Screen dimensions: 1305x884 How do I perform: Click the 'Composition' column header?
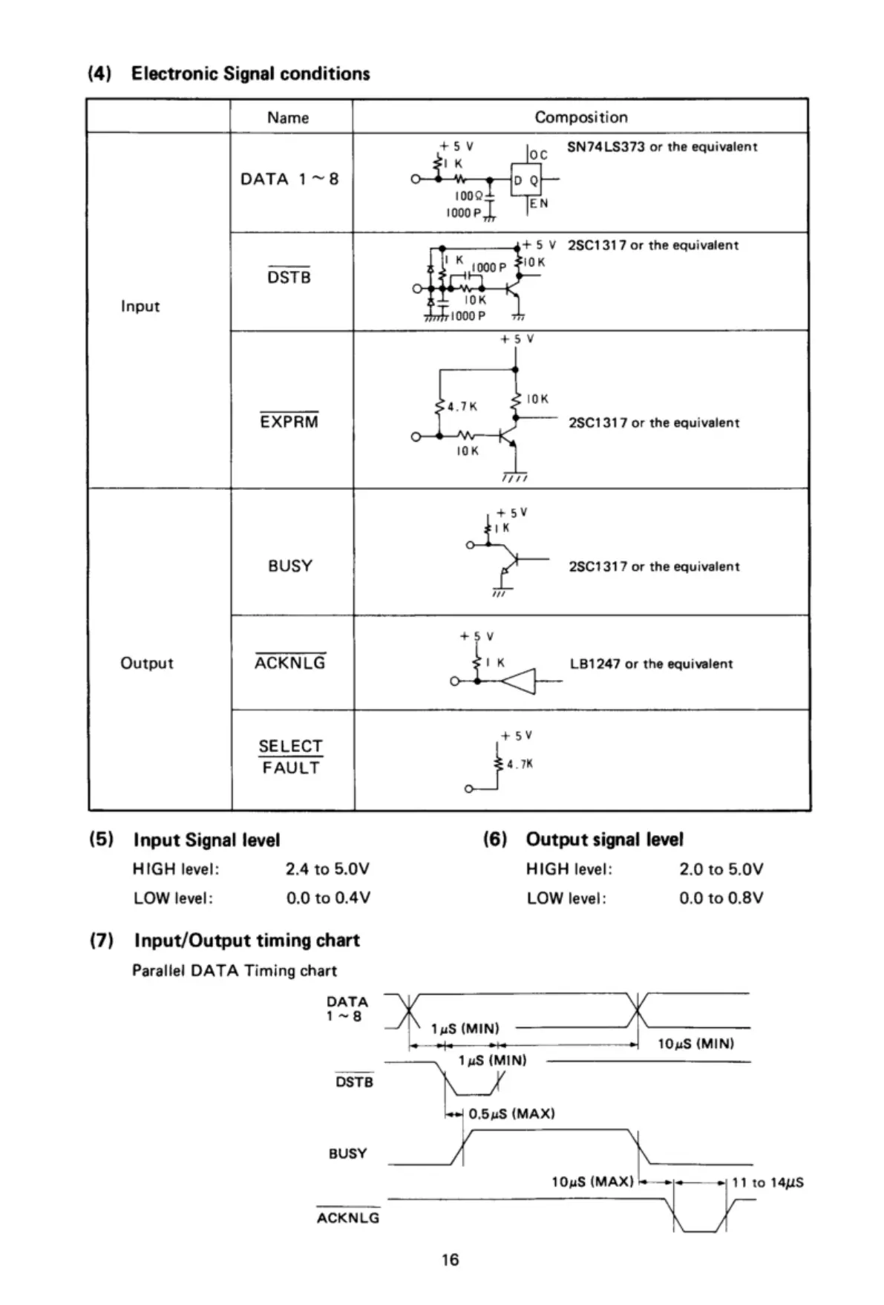click(x=580, y=117)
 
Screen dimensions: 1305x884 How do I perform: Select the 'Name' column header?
click(x=288, y=117)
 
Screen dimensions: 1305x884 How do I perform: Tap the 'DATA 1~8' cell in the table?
click(x=289, y=179)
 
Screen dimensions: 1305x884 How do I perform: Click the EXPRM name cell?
click(x=289, y=422)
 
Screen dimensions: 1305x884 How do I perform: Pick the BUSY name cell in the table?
click(x=290, y=566)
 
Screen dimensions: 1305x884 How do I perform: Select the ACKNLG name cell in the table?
click(x=290, y=662)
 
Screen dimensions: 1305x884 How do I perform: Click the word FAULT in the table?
click(x=290, y=768)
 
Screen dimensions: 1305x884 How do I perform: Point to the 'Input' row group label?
click(x=140, y=306)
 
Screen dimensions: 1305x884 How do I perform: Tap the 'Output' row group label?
click(x=146, y=663)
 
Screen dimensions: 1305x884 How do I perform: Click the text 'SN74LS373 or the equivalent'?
click(x=662, y=147)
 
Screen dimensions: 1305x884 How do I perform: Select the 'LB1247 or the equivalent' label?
click(x=651, y=664)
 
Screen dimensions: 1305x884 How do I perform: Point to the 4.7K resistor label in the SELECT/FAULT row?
click(x=520, y=764)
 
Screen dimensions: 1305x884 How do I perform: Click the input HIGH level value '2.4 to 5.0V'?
click(x=327, y=869)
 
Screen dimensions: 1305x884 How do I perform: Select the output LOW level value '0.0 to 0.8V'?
click(x=721, y=898)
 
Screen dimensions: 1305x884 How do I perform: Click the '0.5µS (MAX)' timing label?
click(x=511, y=1113)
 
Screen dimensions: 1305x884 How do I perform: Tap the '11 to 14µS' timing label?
click(x=767, y=1183)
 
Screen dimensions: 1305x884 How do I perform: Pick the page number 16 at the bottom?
click(x=450, y=1260)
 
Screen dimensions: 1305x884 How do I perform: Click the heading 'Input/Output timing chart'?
click(x=246, y=941)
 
